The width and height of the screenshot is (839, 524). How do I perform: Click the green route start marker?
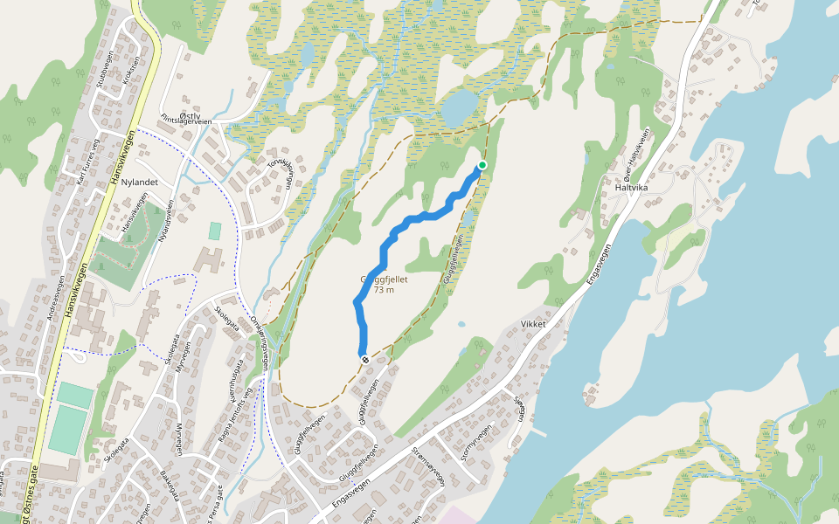[482, 165]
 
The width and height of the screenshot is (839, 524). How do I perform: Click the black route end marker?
[364, 358]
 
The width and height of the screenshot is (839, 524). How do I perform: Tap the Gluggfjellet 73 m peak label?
[384, 285]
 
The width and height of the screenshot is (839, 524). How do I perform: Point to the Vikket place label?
[533, 323]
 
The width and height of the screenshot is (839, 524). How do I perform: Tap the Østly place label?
[190, 114]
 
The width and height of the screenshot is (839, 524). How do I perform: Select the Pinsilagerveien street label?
[184, 122]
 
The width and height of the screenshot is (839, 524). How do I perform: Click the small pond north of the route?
[460, 108]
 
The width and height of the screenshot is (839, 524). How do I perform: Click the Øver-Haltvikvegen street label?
[633, 150]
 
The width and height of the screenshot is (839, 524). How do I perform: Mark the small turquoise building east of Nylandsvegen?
[215, 231]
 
